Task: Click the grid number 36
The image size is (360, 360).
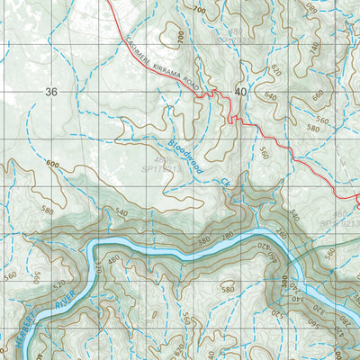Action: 49,92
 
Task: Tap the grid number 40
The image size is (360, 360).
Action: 239,92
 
